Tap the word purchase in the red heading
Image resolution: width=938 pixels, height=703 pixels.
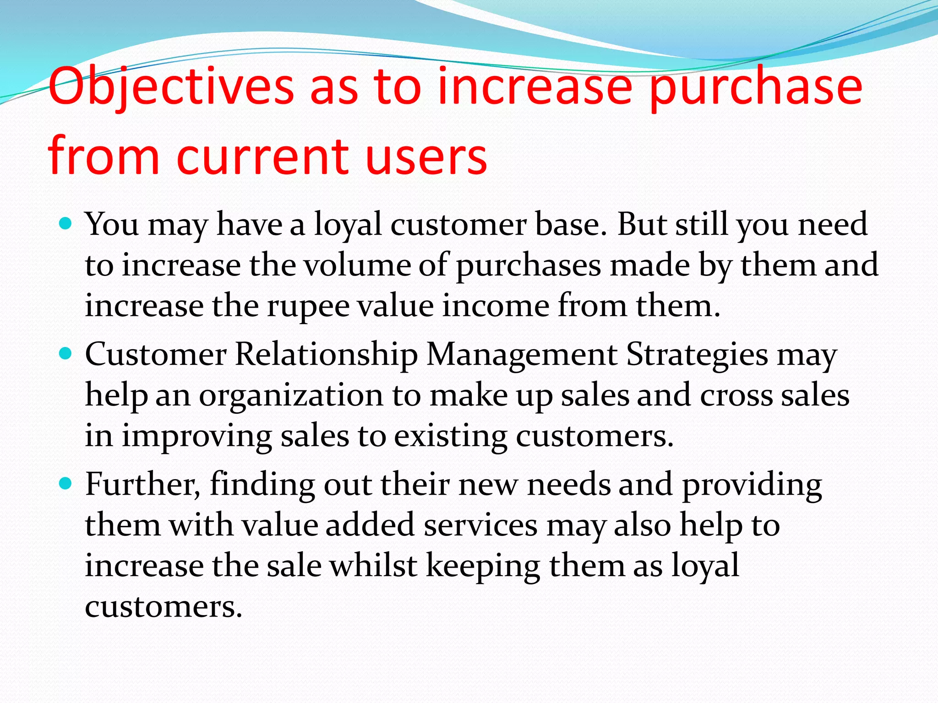(756, 87)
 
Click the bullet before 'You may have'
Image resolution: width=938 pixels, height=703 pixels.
(66, 224)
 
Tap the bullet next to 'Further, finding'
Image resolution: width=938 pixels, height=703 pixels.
(66, 484)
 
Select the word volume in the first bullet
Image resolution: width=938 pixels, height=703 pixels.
(357, 265)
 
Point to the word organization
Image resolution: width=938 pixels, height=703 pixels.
(291, 395)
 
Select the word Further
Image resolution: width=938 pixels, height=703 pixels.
(142, 484)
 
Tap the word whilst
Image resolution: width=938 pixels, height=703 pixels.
(373, 565)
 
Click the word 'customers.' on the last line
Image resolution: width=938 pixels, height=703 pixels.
(163, 606)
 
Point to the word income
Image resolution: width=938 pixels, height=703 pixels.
(495, 306)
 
